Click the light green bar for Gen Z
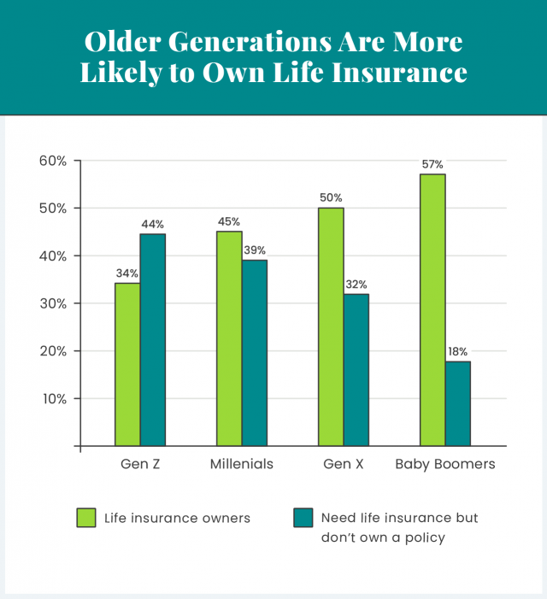coord(127,364)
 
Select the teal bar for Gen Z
coord(153,340)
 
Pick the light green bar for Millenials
coord(229,338)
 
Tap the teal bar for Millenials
coord(255,353)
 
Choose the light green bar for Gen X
coord(331,326)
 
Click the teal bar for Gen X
coord(356,370)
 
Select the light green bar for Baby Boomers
coord(432,309)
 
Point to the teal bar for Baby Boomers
coord(458,403)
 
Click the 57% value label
coord(432,163)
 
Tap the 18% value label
coord(457,351)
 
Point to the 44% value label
coord(153,224)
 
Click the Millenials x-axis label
coord(242,465)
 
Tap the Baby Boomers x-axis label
coord(444,465)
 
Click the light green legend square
coord(86,518)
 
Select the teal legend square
coord(303,518)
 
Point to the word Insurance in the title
coord(398,73)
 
